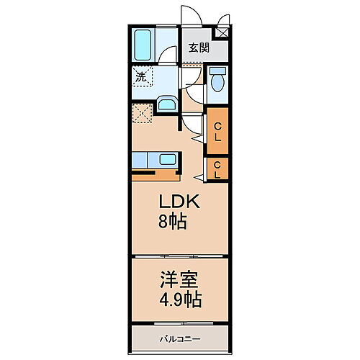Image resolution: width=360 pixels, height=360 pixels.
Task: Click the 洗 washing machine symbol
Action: tap(140, 75)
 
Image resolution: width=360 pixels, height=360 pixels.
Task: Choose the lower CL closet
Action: tap(217, 170)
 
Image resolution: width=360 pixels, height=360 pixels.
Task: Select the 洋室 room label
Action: tap(179, 277)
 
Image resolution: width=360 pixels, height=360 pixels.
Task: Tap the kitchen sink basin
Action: tap(166, 160)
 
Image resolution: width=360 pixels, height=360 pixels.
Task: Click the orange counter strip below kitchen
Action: tap(155, 174)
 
